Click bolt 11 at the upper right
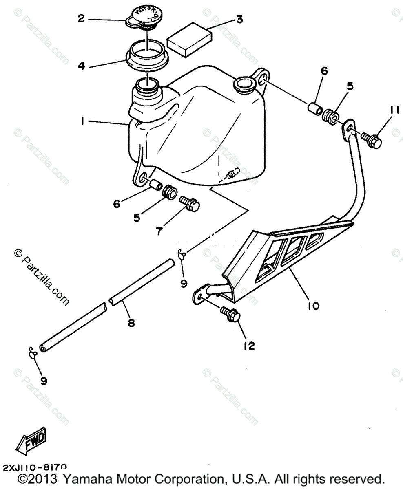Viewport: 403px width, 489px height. click(x=372, y=140)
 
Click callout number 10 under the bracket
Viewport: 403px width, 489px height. click(x=314, y=305)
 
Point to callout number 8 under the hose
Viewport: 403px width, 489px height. click(x=131, y=322)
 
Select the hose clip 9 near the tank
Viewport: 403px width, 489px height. click(x=182, y=255)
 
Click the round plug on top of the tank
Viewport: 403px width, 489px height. click(x=244, y=85)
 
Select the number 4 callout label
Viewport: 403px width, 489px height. click(x=82, y=66)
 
